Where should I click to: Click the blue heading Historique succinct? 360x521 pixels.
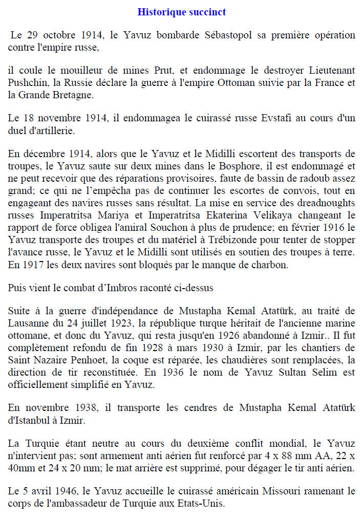182,12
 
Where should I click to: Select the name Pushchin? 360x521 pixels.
26,82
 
